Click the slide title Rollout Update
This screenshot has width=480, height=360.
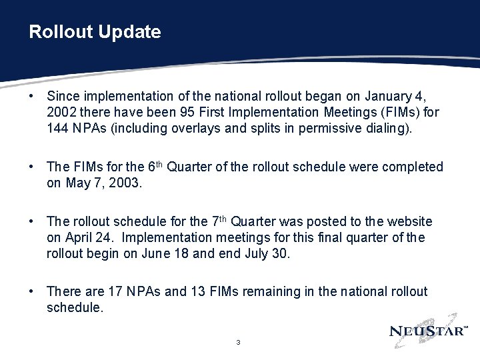point(95,32)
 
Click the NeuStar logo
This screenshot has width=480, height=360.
point(429,330)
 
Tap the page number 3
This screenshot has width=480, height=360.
point(238,343)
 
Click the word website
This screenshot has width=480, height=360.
point(409,221)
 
